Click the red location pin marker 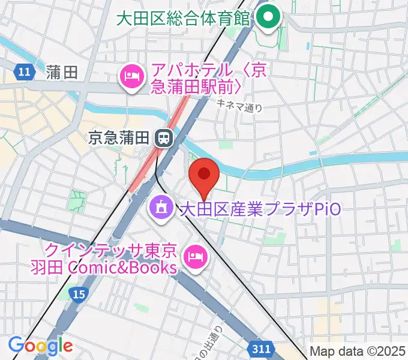pos(204,176)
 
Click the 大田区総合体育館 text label pos(182,18)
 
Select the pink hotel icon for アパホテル pos(131,77)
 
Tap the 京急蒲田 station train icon pos(162,138)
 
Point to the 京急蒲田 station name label pos(118,138)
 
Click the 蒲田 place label pos(62,73)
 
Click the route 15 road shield pos(77,293)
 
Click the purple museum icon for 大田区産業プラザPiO pos(160,209)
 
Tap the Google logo pos(40,346)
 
